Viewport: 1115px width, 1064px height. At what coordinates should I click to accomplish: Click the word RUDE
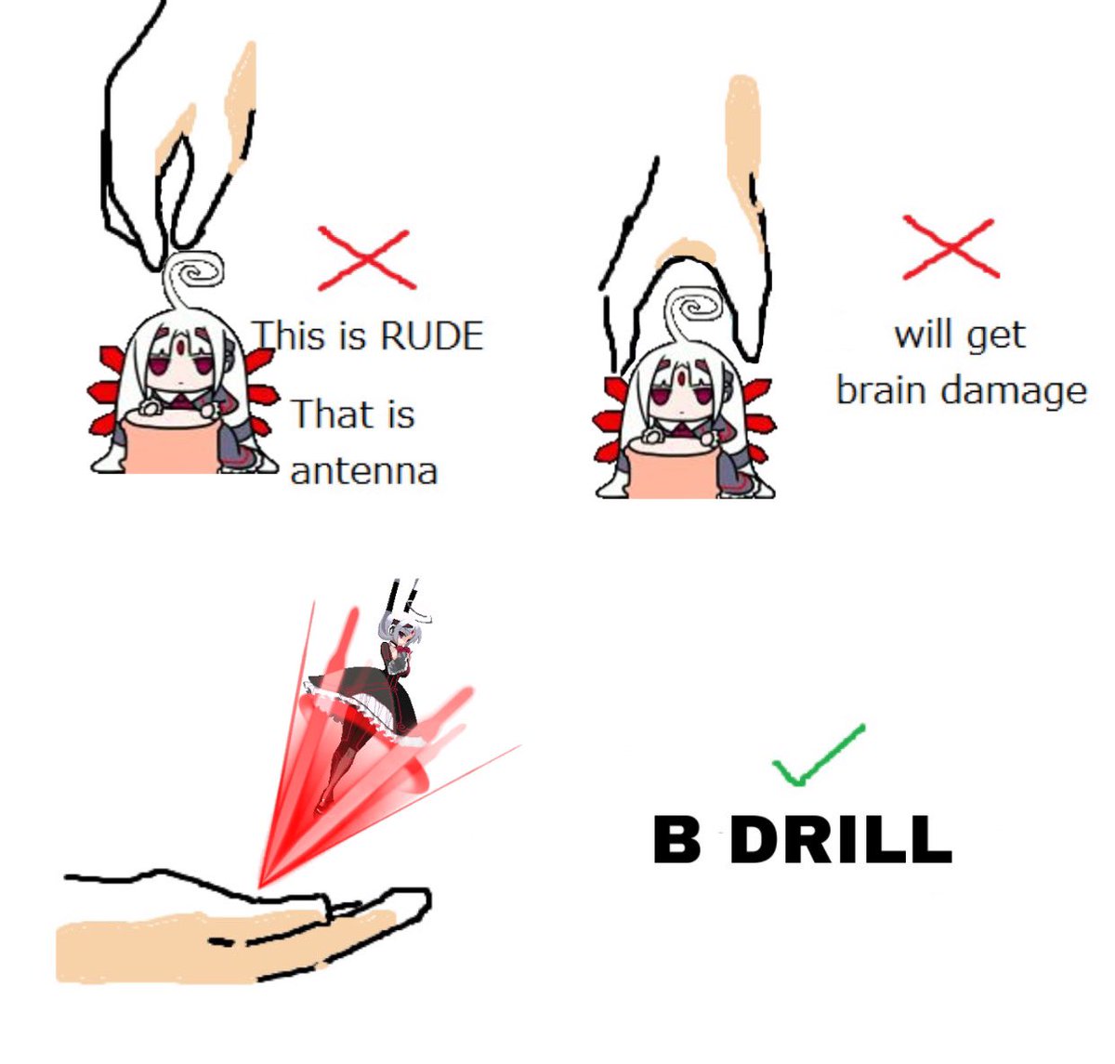[x=432, y=335]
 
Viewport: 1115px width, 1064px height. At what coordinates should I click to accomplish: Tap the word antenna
[x=364, y=472]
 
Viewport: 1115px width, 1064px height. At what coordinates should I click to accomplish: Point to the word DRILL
[x=841, y=840]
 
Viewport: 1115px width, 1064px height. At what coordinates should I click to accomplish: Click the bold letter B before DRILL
[x=676, y=840]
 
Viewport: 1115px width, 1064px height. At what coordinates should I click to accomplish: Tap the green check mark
[x=819, y=755]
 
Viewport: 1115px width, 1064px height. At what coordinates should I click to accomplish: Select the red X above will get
[x=950, y=247]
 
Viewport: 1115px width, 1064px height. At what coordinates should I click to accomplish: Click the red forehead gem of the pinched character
[x=180, y=345]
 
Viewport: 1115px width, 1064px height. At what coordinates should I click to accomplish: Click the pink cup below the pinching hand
[x=170, y=441]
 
